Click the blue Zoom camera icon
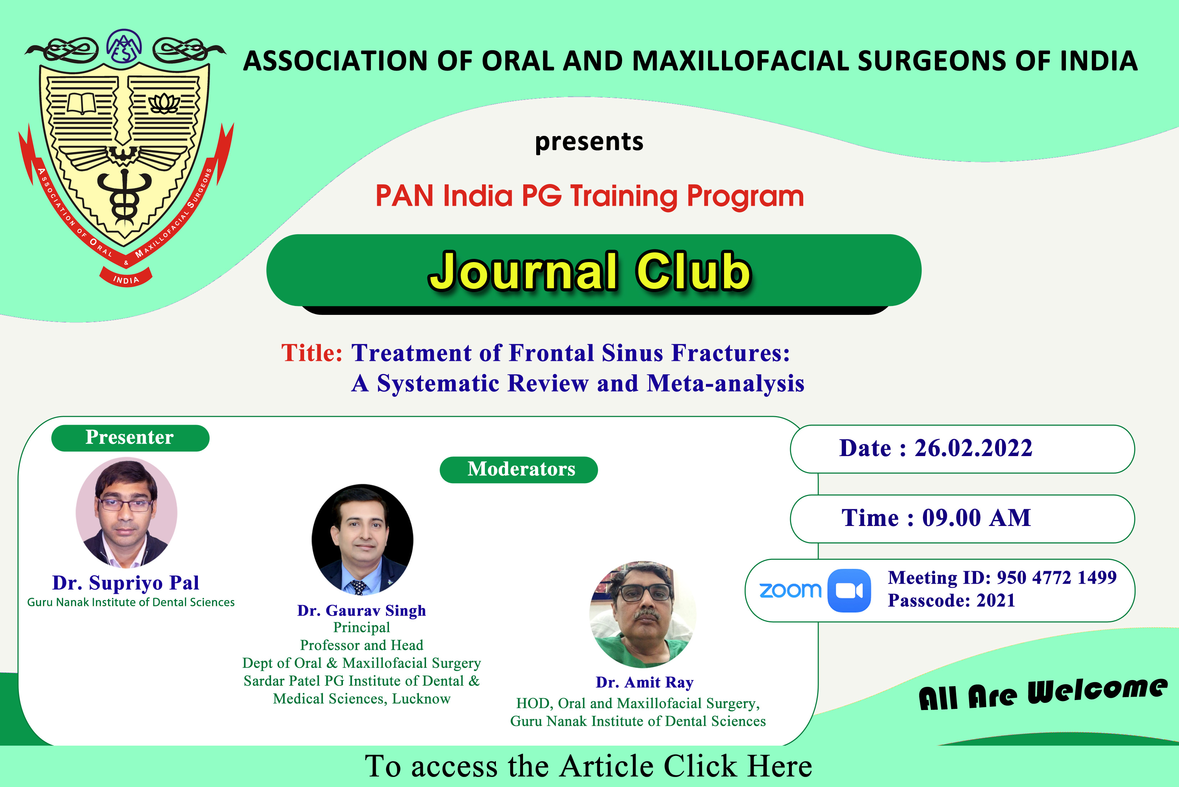coord(849,591)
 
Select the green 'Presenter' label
coord(130,438)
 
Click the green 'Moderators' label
coord(519,469)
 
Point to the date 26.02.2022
coord(973,448)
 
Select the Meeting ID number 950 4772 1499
coord(1057,577)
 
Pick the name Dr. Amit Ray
coord(645,683)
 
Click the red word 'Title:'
coord(312,352)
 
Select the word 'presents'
coord(589,142)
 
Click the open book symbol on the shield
coord(81,103)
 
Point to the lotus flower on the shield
coord(164,103)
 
